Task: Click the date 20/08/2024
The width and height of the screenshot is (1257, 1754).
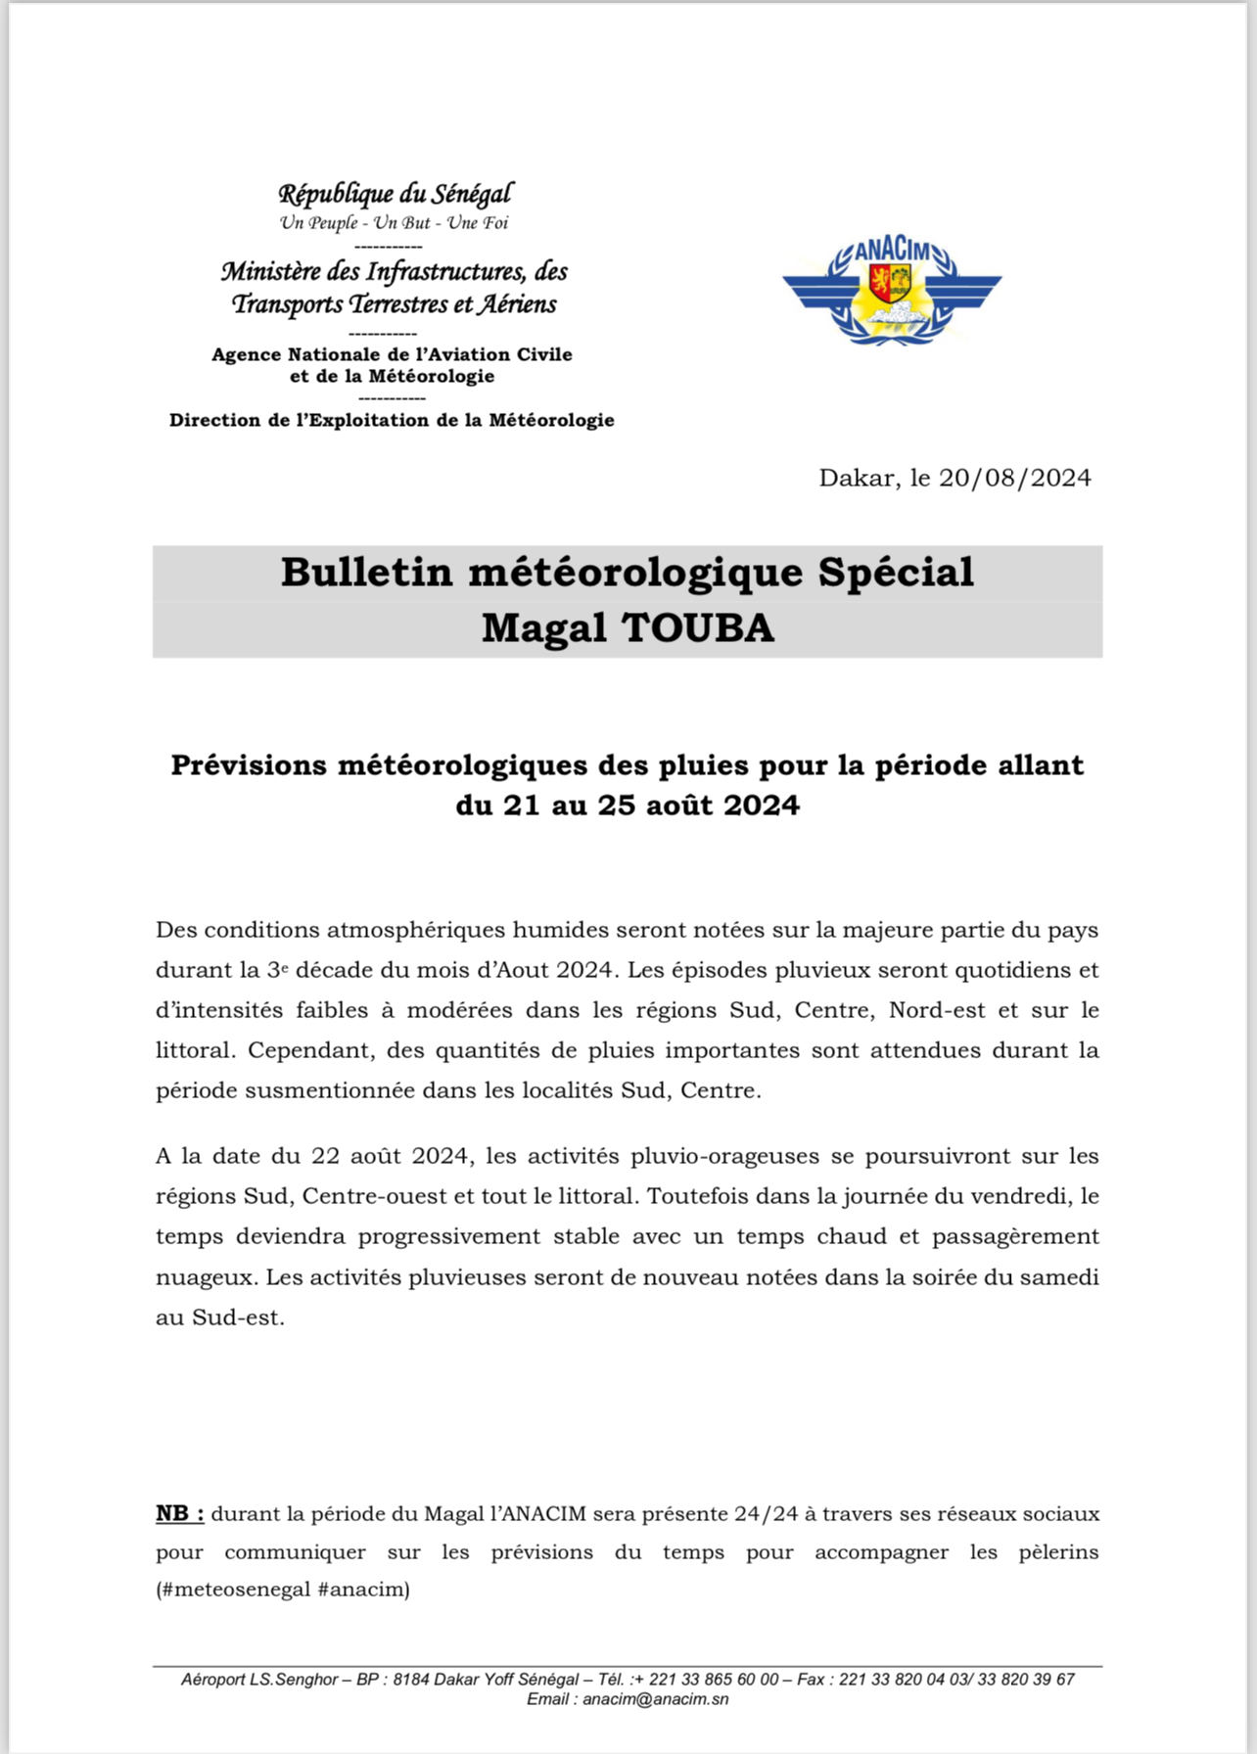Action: click(x=1014, y=478)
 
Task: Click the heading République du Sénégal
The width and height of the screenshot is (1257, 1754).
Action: click(x=395, y=194)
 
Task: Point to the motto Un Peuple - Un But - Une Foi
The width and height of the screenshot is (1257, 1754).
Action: click(x=394, y=223)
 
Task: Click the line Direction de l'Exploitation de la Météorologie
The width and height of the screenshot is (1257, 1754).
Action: click(x=392, y=420)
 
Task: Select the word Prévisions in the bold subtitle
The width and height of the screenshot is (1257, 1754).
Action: click(x=249, y=764)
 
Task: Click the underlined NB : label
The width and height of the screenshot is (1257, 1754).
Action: click(x=180, y=1513)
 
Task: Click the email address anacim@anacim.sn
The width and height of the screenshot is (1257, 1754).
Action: click(x=655, y=1699)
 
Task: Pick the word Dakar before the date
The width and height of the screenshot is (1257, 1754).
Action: click(x=857, y=478)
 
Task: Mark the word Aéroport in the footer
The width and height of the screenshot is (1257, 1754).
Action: click(x=210, y=1680)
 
